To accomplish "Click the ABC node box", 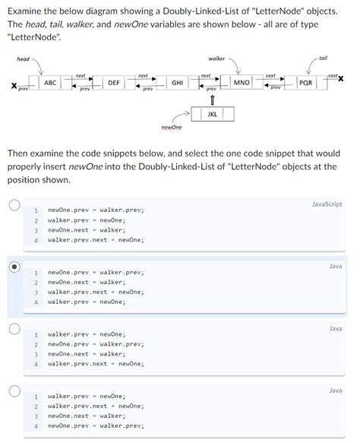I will [50, 82].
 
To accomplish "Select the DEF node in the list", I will [113, 82].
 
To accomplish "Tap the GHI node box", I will [176, 82].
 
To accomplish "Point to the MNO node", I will [242, 82].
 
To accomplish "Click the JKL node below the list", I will [212, 114].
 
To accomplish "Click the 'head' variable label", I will [24, 59].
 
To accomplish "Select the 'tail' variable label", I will [323, 59].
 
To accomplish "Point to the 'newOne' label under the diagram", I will [172, 127].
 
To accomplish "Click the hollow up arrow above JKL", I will [212, 100].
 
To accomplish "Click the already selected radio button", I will [13, 267].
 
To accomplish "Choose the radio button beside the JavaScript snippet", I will [13, 204].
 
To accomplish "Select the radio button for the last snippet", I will [13, 391].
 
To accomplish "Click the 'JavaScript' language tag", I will [327, 204].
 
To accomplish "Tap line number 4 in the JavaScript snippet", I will [36, 240].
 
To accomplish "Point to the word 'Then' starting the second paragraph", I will [20, 153].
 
